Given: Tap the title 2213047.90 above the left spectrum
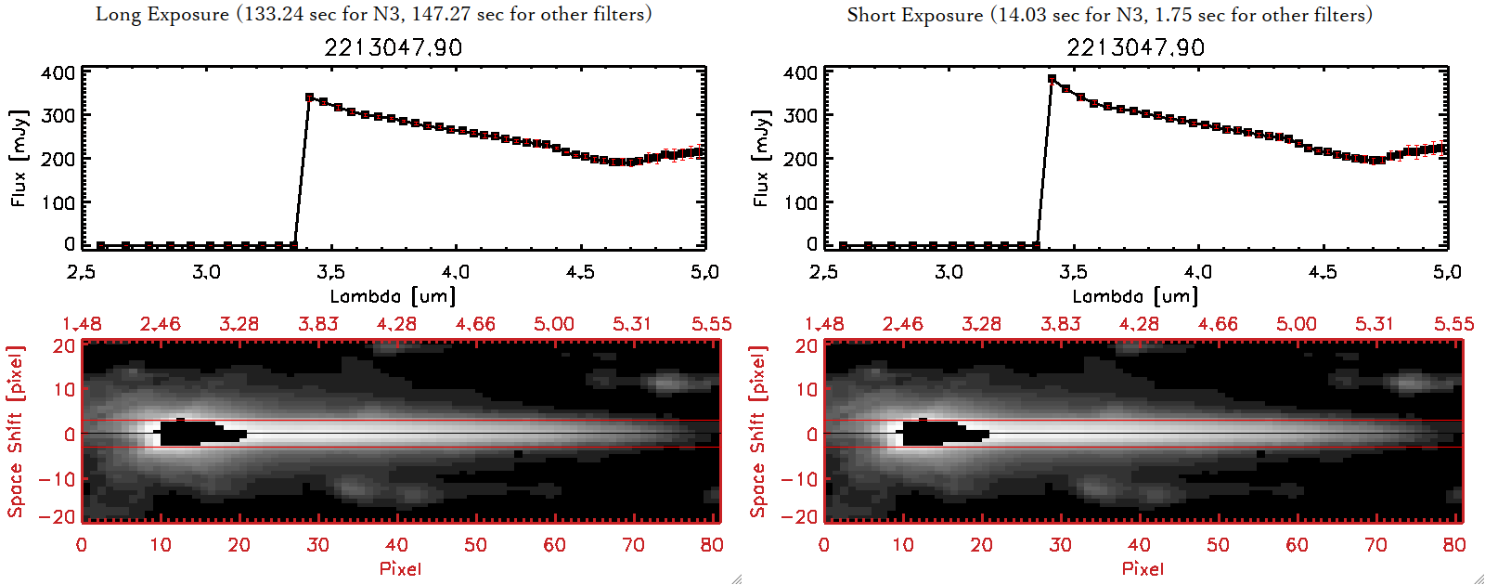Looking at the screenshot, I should coord(393,47).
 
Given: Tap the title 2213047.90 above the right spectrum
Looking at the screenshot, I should coord(1135,47).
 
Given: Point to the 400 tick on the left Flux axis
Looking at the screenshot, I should coord(58,72).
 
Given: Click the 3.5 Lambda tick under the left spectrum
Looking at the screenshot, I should coord(330,272).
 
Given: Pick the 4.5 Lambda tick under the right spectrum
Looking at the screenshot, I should coord(1323,272).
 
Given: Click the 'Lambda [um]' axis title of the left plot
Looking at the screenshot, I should coord(393,296).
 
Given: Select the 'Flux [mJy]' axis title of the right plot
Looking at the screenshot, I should coord(761,158).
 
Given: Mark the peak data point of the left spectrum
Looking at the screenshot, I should coord(310,97).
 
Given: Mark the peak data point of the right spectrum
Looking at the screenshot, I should coord(1052,79).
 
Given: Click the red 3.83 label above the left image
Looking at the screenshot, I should coord(318,324).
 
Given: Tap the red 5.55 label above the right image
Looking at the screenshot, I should coord(1453,324).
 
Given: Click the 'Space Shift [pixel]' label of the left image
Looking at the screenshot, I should coord(16,432).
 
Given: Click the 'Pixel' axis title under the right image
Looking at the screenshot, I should coord(1143,568).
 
